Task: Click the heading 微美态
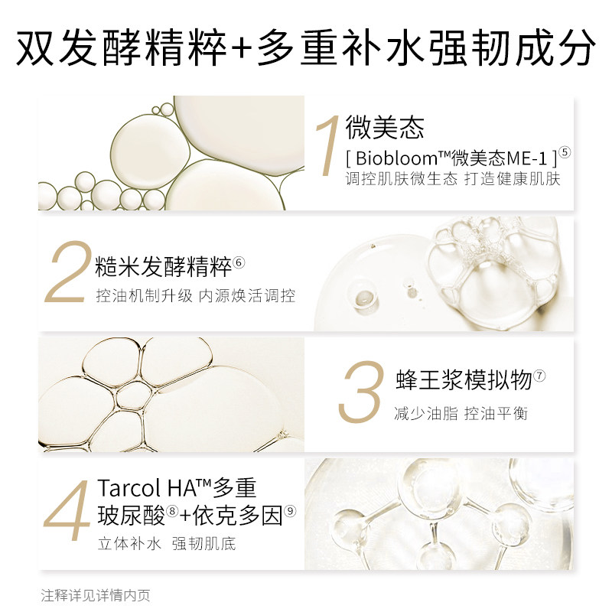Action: click(x=384, y=128)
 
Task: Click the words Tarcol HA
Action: click(x=145, y=487)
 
